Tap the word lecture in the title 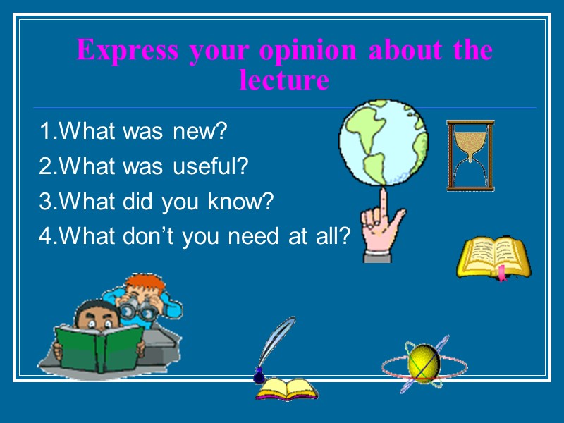coord(284,80)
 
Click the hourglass coord(470,155)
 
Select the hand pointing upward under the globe coord(379,226)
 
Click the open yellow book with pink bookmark coord(493,258)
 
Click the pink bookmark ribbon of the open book coord(502,274)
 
